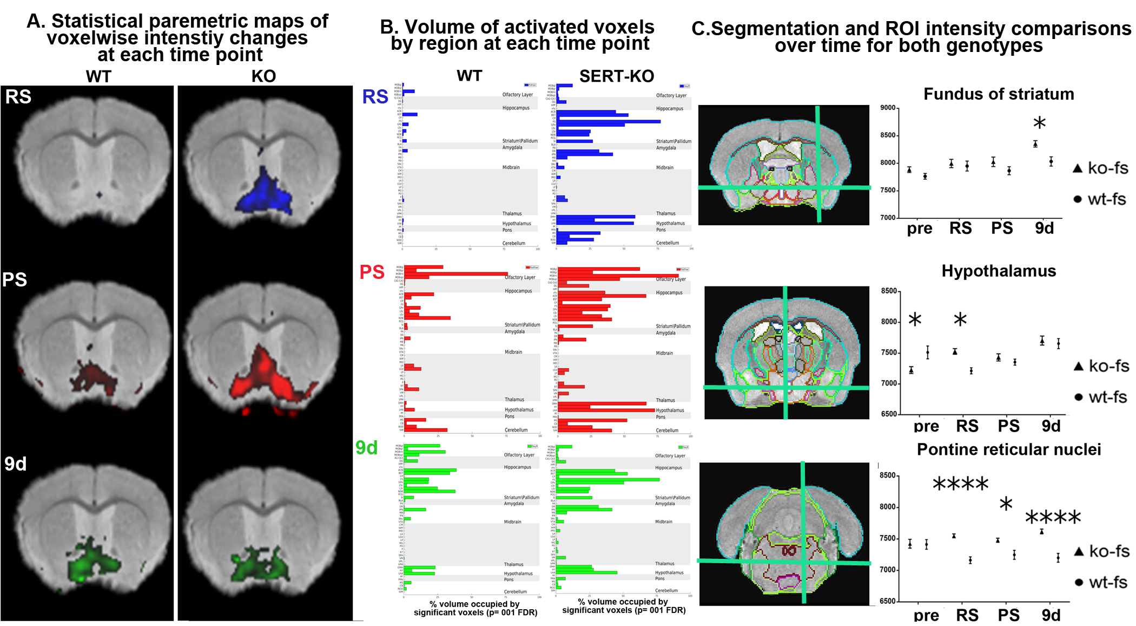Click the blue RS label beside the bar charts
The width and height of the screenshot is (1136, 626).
375,97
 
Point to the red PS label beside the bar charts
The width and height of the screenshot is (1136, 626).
372,272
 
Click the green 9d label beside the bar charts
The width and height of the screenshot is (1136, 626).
366,448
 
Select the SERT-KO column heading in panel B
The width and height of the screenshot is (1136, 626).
616,76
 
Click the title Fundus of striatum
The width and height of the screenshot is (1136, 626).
998,94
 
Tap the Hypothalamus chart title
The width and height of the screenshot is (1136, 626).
998,271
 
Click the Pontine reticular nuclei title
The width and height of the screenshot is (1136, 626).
1008,449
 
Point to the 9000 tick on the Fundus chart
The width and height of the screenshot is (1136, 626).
888,108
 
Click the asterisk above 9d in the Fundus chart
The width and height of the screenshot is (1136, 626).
1039,123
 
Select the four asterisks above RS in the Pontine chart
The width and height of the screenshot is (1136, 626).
960,484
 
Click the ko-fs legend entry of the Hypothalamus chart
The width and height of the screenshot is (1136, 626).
1101,366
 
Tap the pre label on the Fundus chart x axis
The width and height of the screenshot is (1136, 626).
919,229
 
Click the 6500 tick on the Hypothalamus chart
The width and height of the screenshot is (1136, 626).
888,414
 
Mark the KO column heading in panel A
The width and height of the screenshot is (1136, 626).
263,76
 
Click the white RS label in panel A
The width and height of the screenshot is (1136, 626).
18,97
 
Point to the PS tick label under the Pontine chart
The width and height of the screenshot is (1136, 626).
1008,615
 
